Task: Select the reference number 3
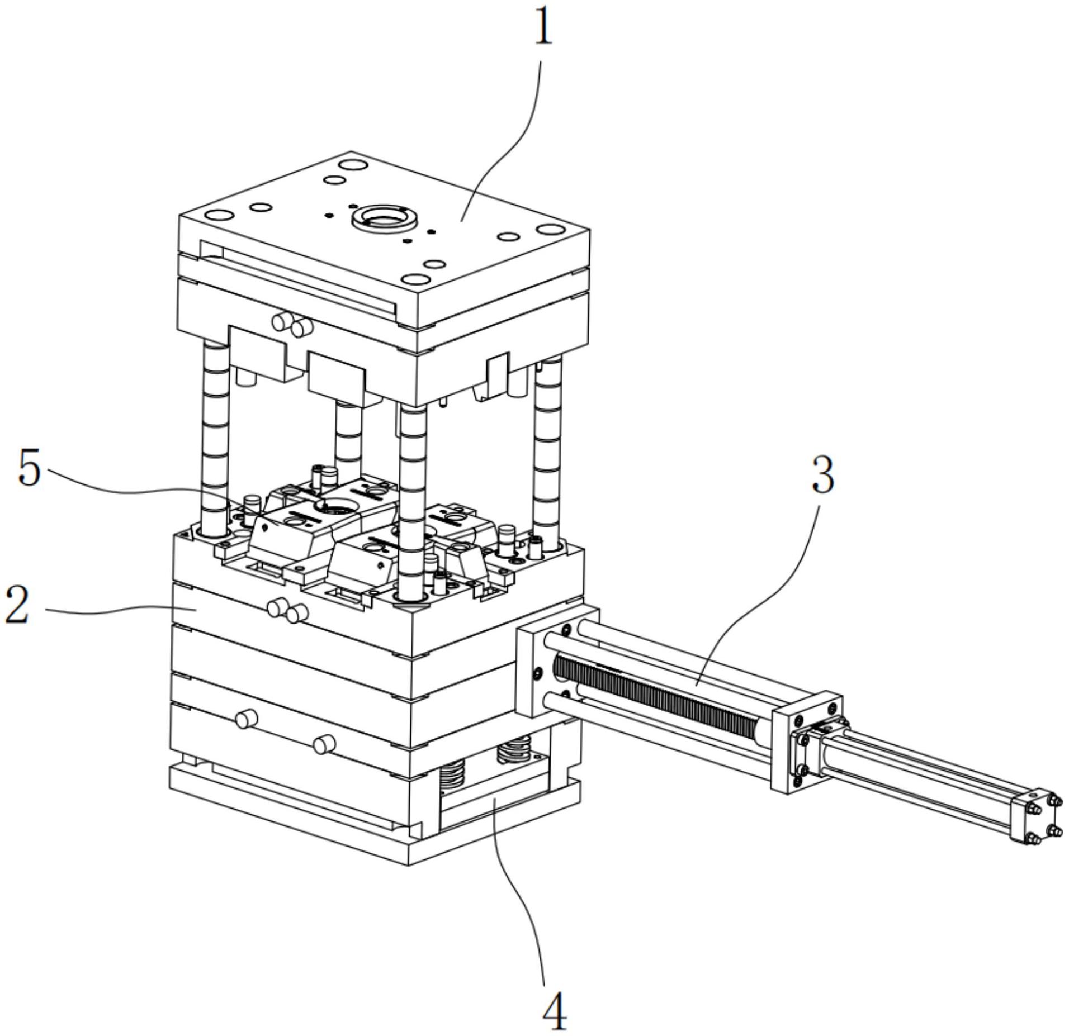pos(822,474)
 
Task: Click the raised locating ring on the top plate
pos(385,218)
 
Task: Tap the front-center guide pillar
pos(413,503)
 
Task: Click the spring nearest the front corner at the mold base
pos(453,775)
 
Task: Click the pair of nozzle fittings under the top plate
pos(291,324)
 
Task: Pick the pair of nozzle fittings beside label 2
pos(287,612)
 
